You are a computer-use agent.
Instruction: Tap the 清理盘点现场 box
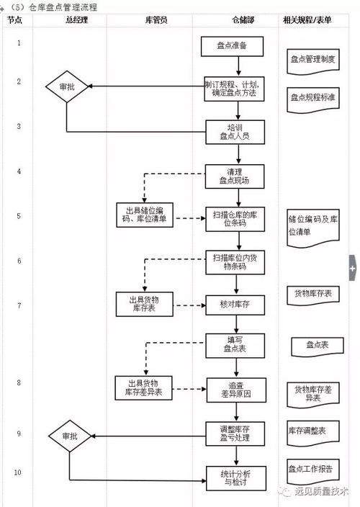point(235,176)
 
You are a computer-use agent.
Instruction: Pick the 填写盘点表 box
point(235,346)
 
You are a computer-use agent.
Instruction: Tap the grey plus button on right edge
point(353,268)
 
